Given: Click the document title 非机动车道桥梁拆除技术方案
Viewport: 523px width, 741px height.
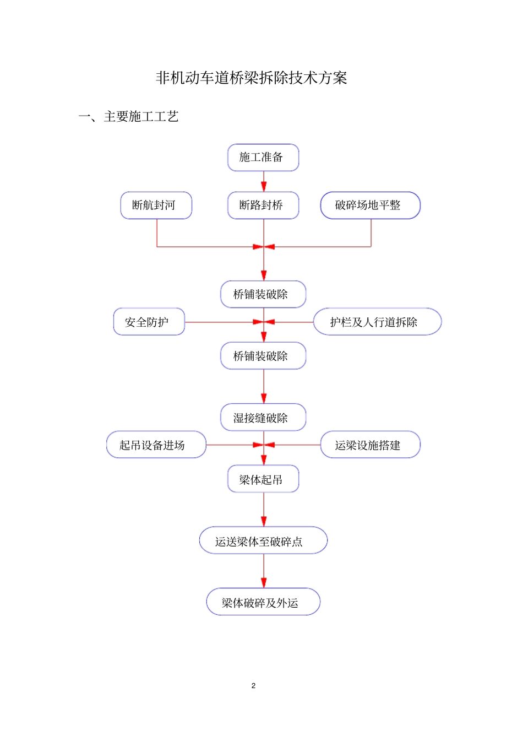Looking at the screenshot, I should coord(251,78).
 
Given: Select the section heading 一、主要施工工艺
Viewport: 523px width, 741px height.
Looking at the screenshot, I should coord(128,116).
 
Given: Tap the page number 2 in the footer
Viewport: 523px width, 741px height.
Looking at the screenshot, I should coord(253,685).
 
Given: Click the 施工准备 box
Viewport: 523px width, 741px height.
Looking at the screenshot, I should coord(263,158).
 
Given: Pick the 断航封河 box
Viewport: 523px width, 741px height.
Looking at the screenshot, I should coord(156,205).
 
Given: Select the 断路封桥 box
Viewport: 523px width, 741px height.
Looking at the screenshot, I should coord(263,205).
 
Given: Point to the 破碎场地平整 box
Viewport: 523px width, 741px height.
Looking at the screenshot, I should coord(370,205).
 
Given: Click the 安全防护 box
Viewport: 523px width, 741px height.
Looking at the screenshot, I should coord(149,322).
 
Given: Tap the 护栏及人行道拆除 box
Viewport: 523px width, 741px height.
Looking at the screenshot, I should coord(377,322).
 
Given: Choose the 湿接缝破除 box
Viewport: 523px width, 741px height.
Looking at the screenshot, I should coord(263,418).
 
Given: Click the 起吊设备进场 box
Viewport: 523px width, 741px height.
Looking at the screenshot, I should coord(156,445).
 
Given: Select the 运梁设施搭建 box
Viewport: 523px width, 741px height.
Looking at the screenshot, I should coord(370,445).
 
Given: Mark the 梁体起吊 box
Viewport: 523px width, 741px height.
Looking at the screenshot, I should coord(263,479).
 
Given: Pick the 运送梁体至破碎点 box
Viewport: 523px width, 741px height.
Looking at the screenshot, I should coord(263,541).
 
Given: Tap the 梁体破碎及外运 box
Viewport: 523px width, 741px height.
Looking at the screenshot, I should coord(263,602).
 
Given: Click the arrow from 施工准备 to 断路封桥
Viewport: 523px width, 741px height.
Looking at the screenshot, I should coord(264,182).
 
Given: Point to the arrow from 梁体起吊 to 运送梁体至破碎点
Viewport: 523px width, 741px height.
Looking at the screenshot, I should coord(264,510).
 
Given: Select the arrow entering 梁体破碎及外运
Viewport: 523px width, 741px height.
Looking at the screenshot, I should coord(264,571).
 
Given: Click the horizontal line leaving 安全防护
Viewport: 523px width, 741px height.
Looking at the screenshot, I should coord(220,322).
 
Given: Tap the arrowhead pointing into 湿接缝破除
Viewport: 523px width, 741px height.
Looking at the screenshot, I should coord(264,398).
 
